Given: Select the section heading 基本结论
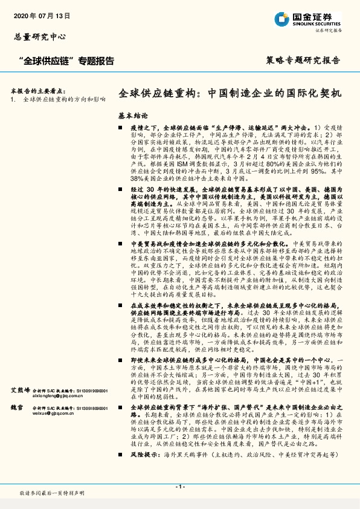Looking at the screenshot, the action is point(132,115).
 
